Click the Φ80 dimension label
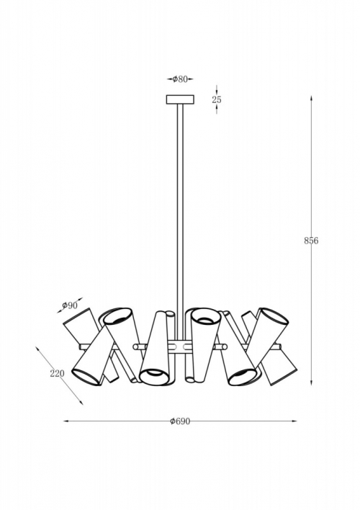click(x=180, y=79)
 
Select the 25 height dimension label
click(x=217, y=99)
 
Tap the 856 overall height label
click(x=311, y=241)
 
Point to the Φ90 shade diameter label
click(x=70, y=305)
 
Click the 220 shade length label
click(x=57, y=373)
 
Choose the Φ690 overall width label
click(x=180, y=421)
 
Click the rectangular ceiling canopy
click(x=180, y=99)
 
